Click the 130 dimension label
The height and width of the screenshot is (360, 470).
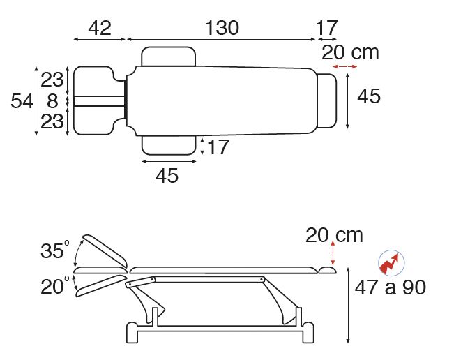coord(222,28)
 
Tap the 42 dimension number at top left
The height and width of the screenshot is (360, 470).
coord(100,28)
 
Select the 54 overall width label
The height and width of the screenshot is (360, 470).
coord(22,100)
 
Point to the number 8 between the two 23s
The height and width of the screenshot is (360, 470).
coord(52,100)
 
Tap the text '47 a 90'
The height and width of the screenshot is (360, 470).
coord(391,287)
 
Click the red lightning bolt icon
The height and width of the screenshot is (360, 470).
coord(391,263)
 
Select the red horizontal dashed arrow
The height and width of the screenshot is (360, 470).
coord(344,66)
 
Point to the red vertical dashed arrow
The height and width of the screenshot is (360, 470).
coord(333,253)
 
